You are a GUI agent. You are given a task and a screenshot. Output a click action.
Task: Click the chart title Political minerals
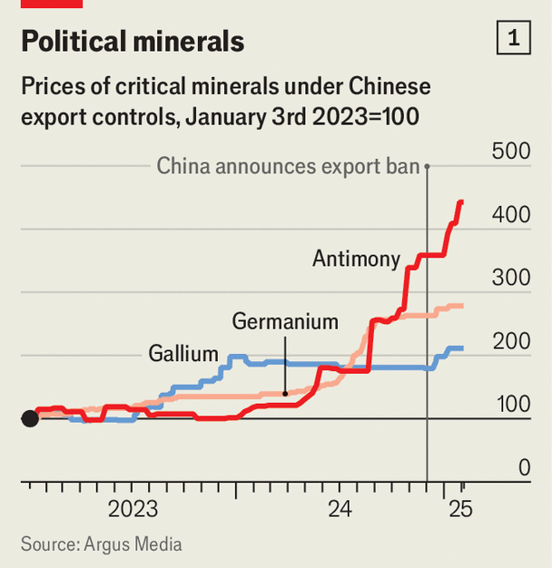coord(133,41)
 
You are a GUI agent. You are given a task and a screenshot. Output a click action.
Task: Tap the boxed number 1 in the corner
coord(514,39)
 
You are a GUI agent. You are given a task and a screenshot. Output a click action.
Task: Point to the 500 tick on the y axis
coord(510,152)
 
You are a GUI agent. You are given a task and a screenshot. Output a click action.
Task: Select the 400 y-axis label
coord(510,215)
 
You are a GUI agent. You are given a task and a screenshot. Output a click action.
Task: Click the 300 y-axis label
coord(510,279)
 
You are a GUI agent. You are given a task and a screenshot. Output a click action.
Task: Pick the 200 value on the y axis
coord(510,342)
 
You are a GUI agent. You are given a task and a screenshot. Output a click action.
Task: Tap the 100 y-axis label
coord(510,406)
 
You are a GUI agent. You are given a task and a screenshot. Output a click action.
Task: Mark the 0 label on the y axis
coord(524,468)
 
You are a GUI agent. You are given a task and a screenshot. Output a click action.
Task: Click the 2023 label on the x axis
coord(133,509)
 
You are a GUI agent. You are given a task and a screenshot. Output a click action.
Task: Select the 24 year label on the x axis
coord(340,509)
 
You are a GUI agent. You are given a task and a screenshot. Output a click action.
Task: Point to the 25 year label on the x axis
coord(460,509)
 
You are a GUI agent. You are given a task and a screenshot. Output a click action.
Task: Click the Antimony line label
coord(356,260)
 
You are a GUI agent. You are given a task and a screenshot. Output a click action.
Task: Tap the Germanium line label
coord(285,321)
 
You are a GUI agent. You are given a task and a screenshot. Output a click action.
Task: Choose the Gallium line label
coord(184,354)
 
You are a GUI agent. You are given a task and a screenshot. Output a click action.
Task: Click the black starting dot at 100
coord(30,418)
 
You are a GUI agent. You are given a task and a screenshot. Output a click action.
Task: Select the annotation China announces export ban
coord(288,166)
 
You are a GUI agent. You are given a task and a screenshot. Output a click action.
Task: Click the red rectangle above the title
coord(52,4)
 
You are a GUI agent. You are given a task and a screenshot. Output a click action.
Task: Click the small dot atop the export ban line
coord(428,166)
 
